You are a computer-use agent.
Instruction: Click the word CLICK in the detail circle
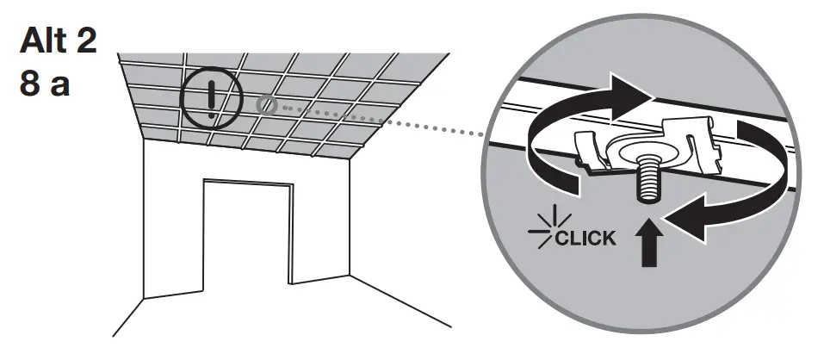pyautogui.click(x=585, y=238)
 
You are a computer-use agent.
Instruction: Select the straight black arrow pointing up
pyautogui.click(x=646, y=245)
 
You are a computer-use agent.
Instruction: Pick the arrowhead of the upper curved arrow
pyautogui.click(x=637, y=92)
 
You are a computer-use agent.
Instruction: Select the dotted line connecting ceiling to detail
pyautogui.click(x=387, y=121)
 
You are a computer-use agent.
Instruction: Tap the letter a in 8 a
pyautogui.click(x=59, y=88)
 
